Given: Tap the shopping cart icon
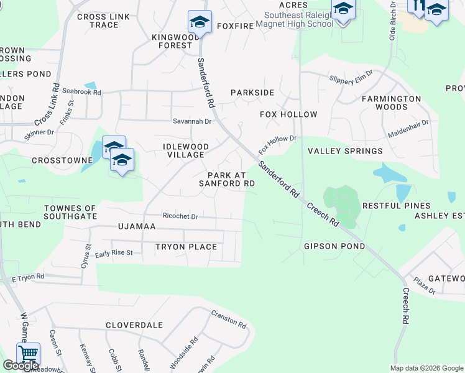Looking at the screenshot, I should [x=28, y=355].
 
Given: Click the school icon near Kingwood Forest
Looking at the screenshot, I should [x=200, y=22].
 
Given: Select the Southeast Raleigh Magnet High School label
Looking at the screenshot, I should [x=298, y=19].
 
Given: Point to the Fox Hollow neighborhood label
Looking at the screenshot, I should [x=288, y=114].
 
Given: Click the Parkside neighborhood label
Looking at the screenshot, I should [x=252, y=93].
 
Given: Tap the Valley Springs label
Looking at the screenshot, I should [x=346, y=151].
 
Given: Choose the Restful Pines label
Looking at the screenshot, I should [x=396, y=206].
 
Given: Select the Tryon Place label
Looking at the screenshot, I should [x=186, y=247].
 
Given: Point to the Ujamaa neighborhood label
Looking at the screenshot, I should [x=137, y=227].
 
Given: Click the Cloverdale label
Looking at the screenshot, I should [x=134, y=325].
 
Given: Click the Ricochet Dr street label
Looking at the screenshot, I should [x=180, y=216].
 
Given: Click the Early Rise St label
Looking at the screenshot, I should [x=114, y=254].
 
